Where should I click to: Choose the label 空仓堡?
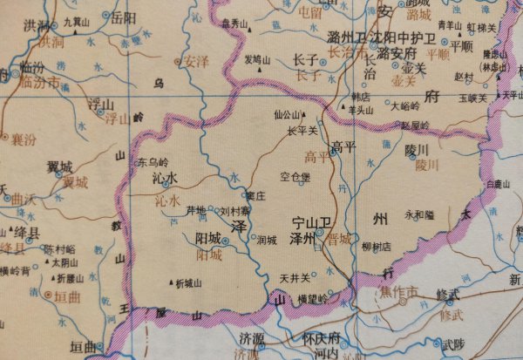[x=295, y=177]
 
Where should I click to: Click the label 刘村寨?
[x=234, y=210]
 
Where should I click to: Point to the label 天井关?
[x=295, y=278]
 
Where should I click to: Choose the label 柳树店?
[x=375, y=247]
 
